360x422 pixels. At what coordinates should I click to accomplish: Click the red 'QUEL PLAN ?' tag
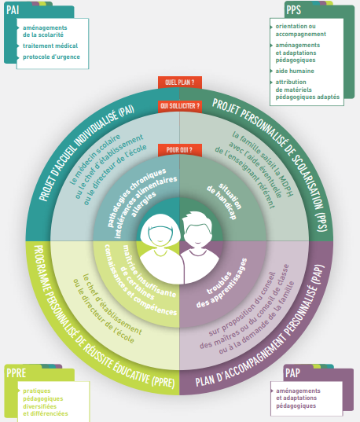coord(179,83)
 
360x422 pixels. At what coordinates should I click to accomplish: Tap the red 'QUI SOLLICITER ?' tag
coord(180,106)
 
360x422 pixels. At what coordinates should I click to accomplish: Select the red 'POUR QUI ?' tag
coord(179,150)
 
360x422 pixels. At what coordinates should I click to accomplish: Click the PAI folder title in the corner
coord(13,10)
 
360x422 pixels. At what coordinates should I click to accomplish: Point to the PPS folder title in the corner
coord(293,10)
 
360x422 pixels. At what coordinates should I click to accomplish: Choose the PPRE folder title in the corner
coord(17,373)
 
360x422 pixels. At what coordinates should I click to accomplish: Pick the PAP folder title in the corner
coord(292,373)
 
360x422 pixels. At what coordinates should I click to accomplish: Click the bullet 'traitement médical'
coord(50,46)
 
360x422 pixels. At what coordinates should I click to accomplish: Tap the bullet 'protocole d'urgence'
coord(51,57)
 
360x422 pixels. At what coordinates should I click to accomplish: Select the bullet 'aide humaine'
coord(295,71)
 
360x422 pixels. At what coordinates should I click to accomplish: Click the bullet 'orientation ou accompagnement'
coord(300,30)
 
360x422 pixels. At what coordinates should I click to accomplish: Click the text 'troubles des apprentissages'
coord(222,284)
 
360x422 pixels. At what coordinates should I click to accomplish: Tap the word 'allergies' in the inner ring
coord(144,204)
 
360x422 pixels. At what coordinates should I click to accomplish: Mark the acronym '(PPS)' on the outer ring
coord(321,222)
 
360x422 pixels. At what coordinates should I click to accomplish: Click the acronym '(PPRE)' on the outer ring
coord(163,382)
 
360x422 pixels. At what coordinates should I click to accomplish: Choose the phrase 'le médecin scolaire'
coord(95,159)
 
